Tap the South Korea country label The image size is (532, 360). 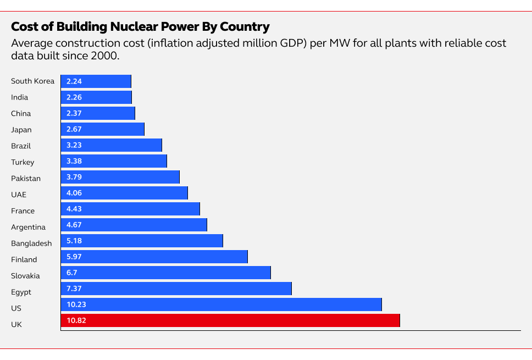[x=32, y=81]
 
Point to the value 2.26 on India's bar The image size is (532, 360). [x=74, y=97]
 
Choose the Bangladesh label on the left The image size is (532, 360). [x=31, y=243]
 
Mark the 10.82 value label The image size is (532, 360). [x=76, y=320]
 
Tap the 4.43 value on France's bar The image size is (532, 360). [x=74, y=209]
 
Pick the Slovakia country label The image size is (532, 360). [x=25, y=276]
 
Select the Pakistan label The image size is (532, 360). [x=26, y=179]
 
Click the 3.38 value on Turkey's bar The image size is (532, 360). [x=74, y=161]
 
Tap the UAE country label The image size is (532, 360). [x=19, y=195]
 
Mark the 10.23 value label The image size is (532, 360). [x=76, y=304]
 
